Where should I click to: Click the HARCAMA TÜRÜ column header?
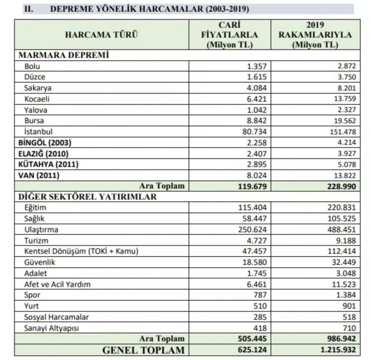pos(101,35)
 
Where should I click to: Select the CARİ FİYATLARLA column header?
pos(231,35)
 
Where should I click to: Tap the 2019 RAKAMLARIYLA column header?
pos(315,35)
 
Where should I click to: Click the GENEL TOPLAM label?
pos(144,350)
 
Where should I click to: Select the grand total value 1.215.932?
pos(335,350)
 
